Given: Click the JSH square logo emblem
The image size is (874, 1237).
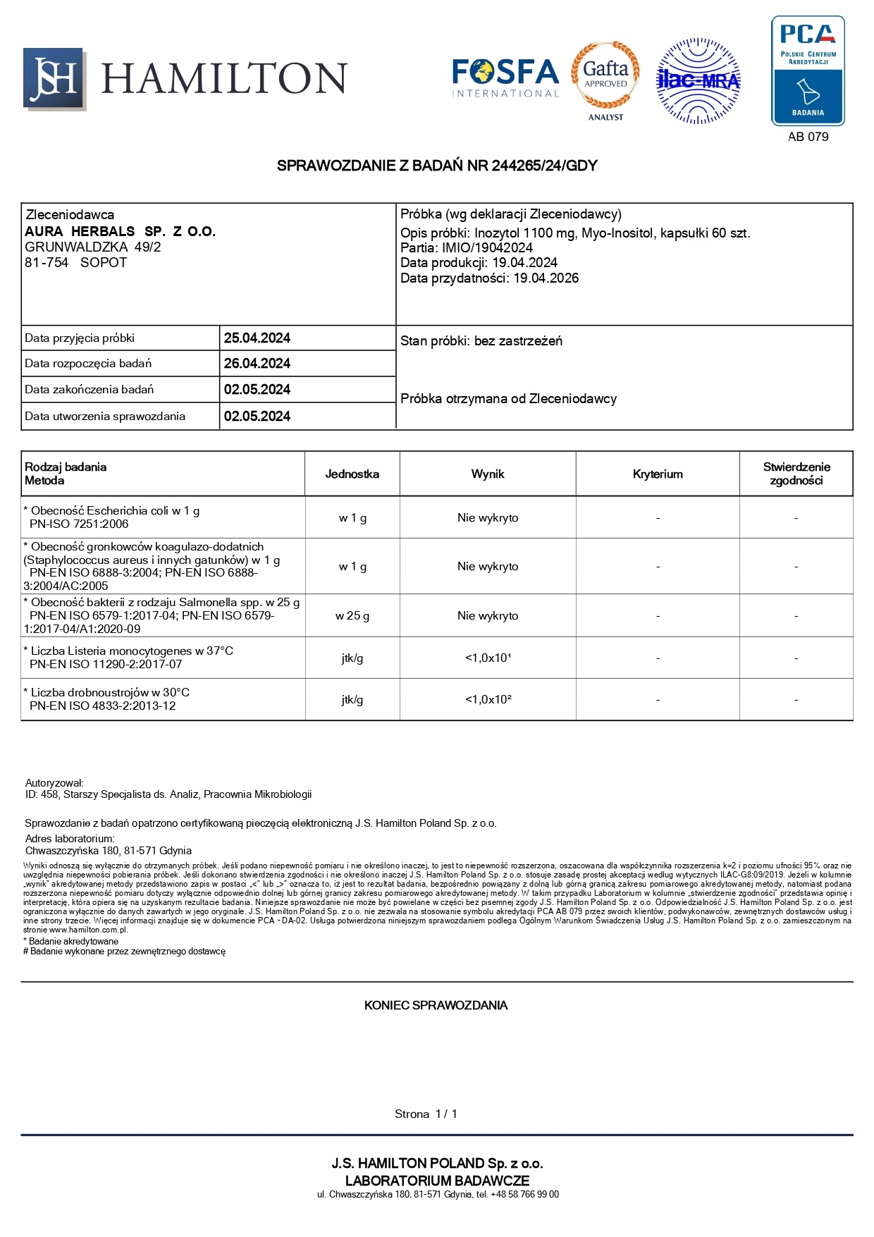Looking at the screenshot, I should [x=54, y=78].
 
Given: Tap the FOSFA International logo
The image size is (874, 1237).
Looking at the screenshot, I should [x=505, y=78].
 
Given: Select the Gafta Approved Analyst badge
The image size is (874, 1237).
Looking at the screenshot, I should [x=605, y=79].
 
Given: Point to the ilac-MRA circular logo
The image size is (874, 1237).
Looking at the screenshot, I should [x=698, y=81].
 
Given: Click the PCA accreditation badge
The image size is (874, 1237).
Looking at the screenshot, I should [x=808, y=70].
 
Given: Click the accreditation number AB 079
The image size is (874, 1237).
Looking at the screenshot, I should [x=808, y=137].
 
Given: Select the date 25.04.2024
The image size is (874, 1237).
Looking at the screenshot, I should [x=257, y=338].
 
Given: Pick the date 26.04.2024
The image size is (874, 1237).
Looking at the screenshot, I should [x=257, y=364].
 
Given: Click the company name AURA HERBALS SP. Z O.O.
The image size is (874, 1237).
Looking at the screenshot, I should [x=120, y=231].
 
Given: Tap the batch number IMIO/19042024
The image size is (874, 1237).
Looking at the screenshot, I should [x=487, y=247].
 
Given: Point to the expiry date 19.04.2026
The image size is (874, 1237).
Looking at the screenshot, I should [x=546, y=278].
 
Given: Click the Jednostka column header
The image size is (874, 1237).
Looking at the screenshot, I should [x=352, y=474].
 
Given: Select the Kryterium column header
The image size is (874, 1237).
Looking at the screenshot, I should [x=658, y=474].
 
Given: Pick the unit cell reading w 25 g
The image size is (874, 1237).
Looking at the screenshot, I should [x=352, y=616].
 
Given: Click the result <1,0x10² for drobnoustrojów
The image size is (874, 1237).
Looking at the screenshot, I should [x=488, y=700].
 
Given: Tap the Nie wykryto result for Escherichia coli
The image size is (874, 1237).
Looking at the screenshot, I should [x=488, y=518].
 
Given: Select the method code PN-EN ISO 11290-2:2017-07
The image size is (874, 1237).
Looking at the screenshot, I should [x=106, y=664].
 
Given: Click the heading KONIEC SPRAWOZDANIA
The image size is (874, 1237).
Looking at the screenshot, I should [x=436, y=1005].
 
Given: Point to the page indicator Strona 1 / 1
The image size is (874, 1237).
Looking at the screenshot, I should [x=426, y=1114].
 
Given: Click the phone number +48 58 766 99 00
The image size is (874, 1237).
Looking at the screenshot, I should [x=525, y=1194].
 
